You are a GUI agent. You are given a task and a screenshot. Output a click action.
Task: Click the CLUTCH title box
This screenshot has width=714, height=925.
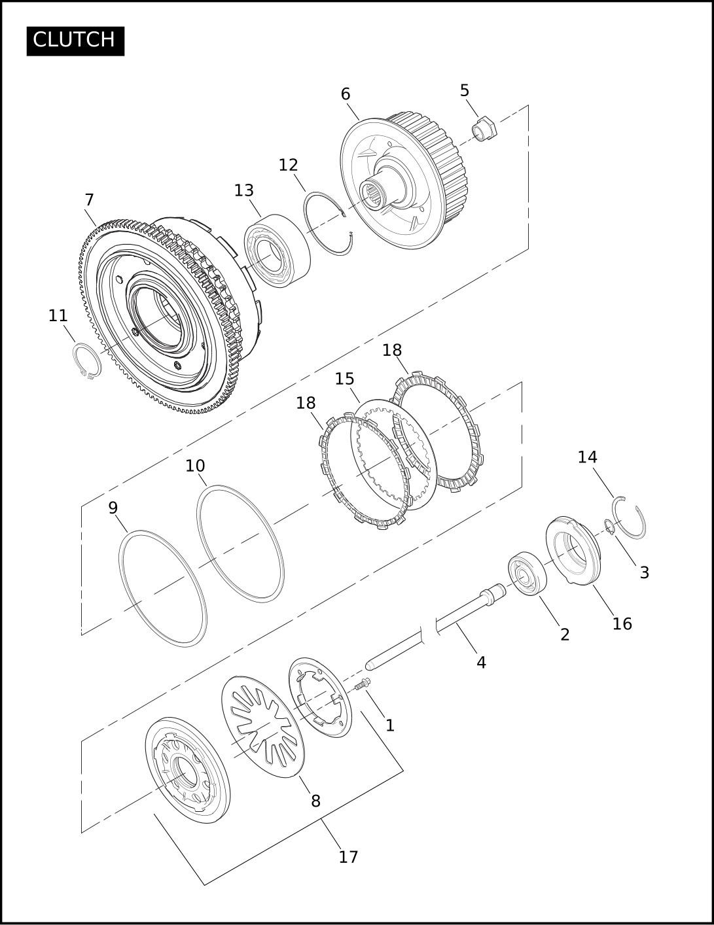click(x=75, y=41)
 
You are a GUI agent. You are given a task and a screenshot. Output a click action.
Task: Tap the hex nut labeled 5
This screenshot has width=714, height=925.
click(x=484, y=128)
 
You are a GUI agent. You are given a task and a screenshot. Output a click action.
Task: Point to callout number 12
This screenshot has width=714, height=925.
click(x=288, y=165)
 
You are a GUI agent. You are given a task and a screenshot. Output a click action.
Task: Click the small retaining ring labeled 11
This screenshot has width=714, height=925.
click(x=87, y=360)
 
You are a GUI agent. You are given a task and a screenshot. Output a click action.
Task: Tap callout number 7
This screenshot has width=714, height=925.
click(x=89, y=200)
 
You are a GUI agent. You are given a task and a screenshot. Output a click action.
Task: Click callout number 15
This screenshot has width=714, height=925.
click(x=344, y=378)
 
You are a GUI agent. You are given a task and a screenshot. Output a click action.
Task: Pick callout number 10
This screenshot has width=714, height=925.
click(x=195, y=466)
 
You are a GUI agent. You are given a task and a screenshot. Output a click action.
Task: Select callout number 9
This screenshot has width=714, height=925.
click(x=113, y=508)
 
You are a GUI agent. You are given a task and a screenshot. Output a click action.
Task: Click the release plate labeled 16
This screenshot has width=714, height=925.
click(x=572, y=551)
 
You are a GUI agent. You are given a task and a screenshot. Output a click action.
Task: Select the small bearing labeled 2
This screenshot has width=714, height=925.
click(x=527, y=573)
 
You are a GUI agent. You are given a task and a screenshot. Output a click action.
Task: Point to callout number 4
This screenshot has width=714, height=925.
click(x=481, y=662)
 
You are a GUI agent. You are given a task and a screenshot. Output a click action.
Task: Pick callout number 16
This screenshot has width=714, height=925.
click(x=622, y=623)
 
